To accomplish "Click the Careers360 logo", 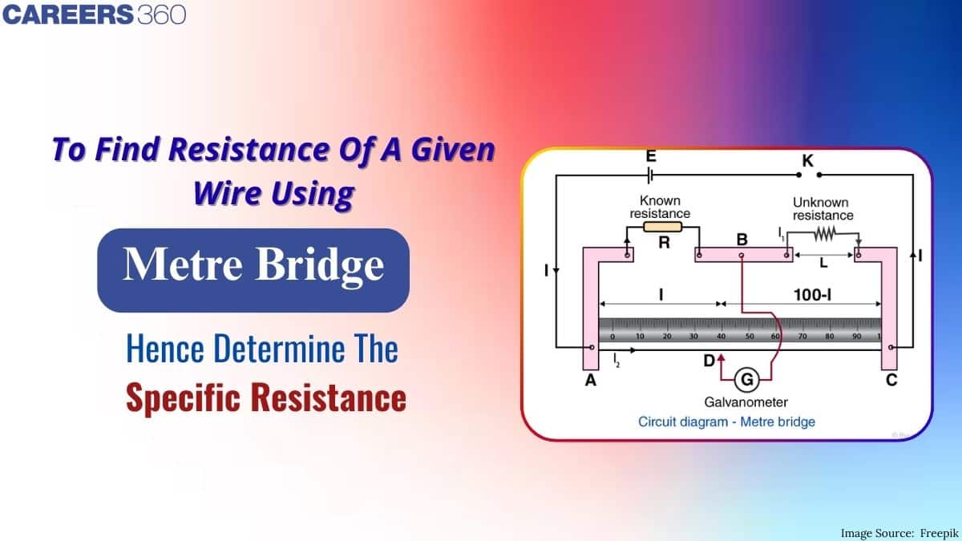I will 95,14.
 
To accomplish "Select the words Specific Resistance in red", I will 266,398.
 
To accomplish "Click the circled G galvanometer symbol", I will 746,378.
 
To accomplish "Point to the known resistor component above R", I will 663,227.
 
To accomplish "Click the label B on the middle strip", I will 742,239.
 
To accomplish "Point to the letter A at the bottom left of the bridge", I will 591,382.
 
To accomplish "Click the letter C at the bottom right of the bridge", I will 891,382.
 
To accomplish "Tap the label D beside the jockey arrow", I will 709,361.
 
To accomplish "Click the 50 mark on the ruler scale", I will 749,337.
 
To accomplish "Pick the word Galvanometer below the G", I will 746,402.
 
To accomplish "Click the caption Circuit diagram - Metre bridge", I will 726,421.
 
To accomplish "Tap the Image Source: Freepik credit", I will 896,532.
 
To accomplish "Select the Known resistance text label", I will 660,207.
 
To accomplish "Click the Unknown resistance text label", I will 823,208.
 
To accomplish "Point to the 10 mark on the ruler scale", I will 640,337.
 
